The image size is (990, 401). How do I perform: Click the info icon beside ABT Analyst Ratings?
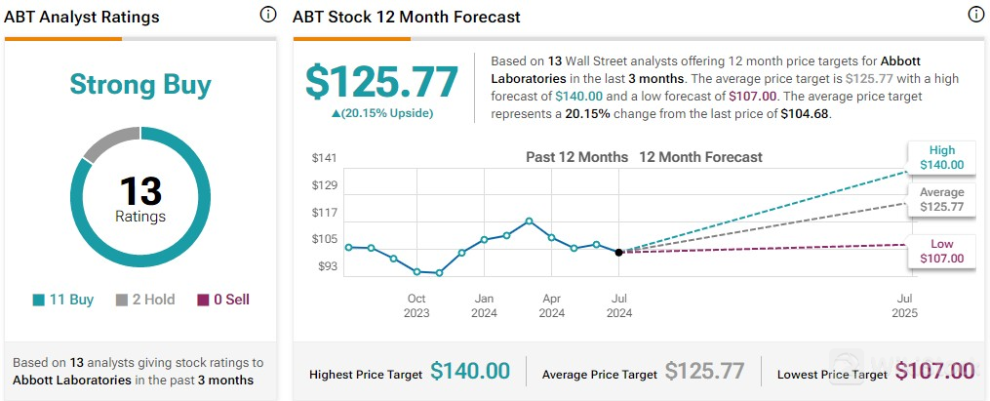coord(267,15)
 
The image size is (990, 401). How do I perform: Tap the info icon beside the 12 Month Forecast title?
coord(975,15)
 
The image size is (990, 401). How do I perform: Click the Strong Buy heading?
coord(140,85)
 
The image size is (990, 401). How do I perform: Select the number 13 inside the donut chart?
coord(140,190)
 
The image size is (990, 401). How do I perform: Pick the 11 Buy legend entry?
coord(63,300)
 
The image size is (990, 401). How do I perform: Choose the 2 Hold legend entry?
coord(145,300)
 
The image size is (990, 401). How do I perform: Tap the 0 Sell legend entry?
coord(223,300)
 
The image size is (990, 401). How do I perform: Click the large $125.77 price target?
coord(381,82)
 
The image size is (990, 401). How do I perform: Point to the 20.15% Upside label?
coord(381,113)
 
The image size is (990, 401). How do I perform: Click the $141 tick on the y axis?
coord(324,158)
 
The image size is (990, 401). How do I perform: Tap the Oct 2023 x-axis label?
coord(416,305)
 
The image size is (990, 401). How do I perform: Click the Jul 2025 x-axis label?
coord(905,305)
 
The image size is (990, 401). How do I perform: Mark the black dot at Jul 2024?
coord(619,252)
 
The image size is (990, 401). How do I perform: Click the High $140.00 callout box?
coord(941,158)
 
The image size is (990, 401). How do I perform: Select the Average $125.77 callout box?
coord(941,199)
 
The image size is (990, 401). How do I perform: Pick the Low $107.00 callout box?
coord(941,251)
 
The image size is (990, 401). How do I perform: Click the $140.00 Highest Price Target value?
coord(470,371)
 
